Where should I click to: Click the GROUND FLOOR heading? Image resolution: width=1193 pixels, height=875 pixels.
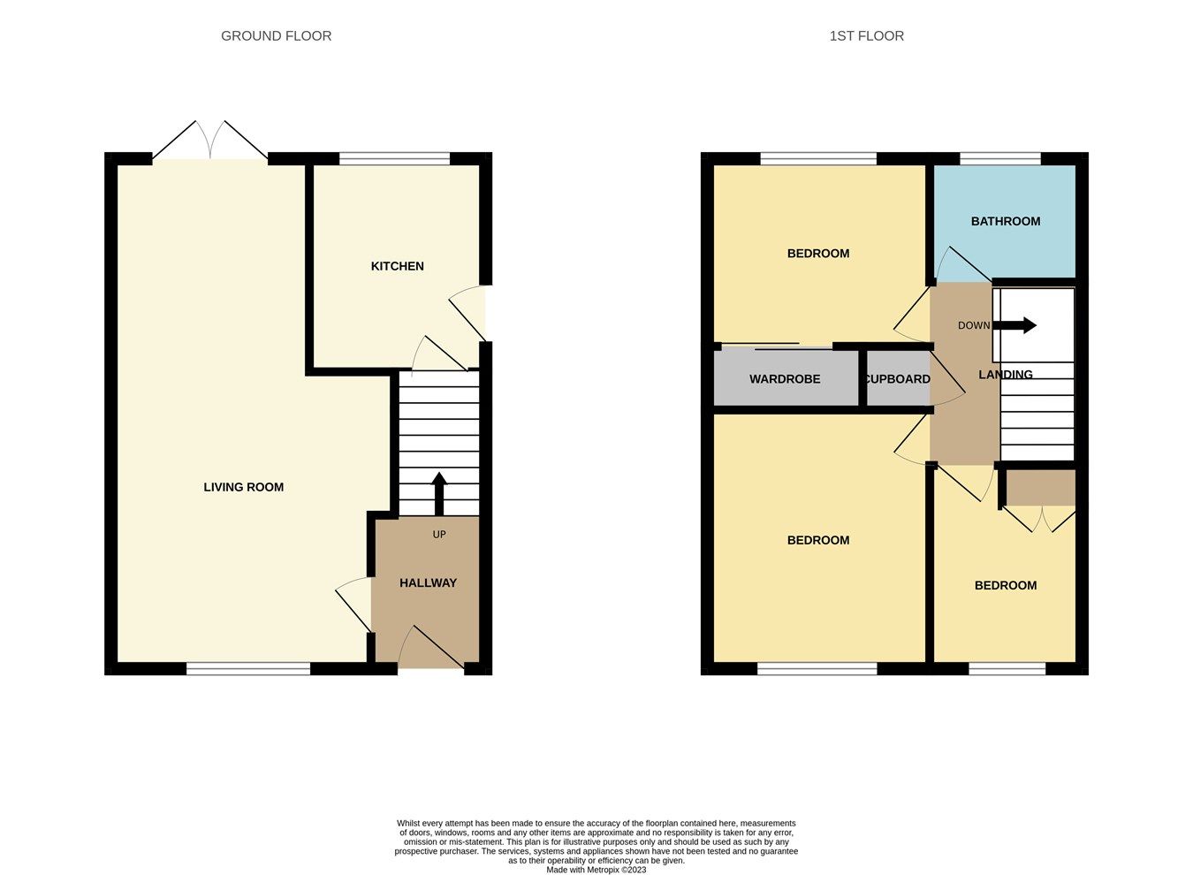coord(276,36)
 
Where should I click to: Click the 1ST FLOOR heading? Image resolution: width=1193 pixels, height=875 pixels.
coord(866,36)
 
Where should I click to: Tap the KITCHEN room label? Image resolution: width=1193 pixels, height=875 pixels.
coord(397,266)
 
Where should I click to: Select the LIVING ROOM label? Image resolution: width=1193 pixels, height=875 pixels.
coord(243,487)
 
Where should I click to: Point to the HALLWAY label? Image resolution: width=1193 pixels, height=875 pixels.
coord(428,582)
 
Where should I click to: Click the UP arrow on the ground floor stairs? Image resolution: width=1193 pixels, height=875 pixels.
coord(438,493)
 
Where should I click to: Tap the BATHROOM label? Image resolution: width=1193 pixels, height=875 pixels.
coord(1005,221)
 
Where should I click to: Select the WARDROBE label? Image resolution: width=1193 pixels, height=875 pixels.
coord(785,379)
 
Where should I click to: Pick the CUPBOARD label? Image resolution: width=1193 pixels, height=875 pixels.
coord(897,379)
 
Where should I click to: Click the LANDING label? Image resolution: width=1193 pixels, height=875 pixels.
coord(1005,375)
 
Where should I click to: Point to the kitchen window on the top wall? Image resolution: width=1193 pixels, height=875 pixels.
coord(394,159)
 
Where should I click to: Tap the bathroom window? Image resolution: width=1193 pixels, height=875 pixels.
coord(1000,159)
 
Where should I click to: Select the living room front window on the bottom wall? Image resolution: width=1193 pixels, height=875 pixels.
coord(248,669)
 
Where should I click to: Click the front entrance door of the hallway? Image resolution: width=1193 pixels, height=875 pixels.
coord(430,650)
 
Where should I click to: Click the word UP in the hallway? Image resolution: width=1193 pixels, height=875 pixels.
coord(439,535)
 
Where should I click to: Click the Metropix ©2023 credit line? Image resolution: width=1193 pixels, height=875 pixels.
coord(596,870)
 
